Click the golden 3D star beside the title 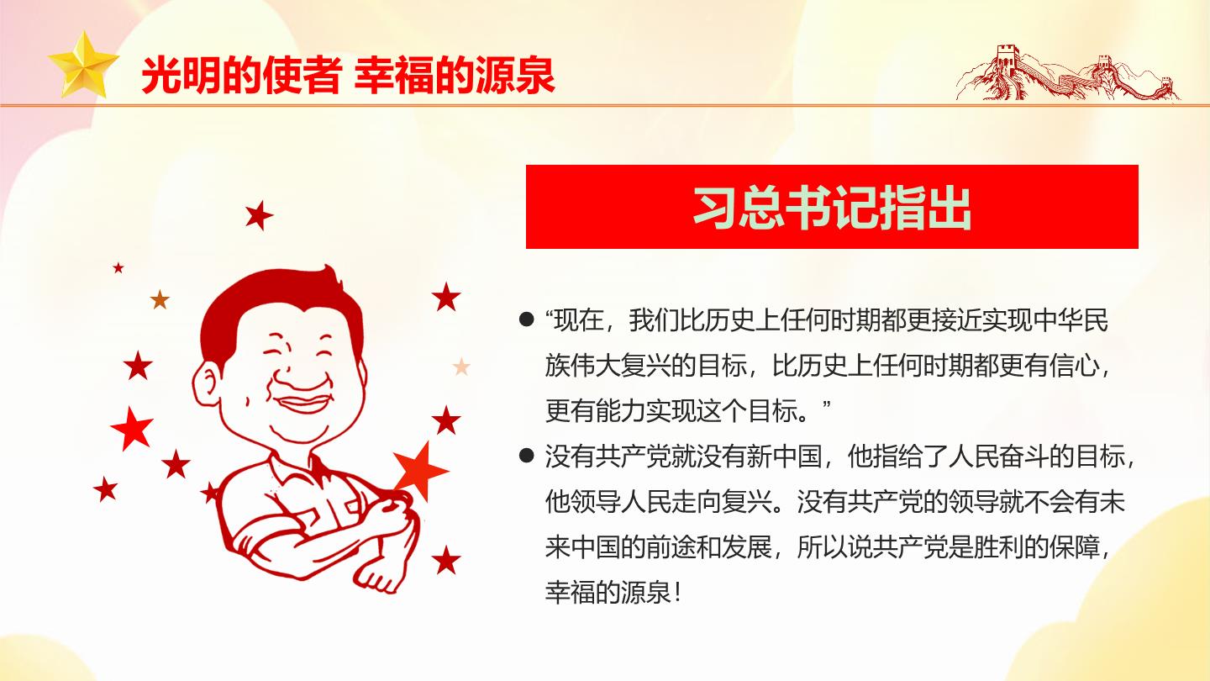pyautogui.click(x=83, y=66)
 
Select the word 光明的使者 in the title pyautogui.click(x=241, y=76)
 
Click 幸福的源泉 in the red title pyautogui.click(x=455, y=76)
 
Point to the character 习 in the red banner pyautogui.click(x=716, y=208)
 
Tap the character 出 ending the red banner pyautogui.click(x=950, y=208)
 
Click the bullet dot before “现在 pyautogui.click(x=526, y=319)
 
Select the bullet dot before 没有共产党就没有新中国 pyautogui.click(x=526, y=457)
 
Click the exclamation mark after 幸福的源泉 pyautogui.click(x=677, y=593)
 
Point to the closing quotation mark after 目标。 pyautogui.click(x=825, y=404)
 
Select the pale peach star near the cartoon pyautogui.click(x=461, y=367)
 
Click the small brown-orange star pyautogui.click(x=160, y=300)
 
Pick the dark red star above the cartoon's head pyautogui.click(x=260, y=215)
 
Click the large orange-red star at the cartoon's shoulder pyautogui.click(x=420, y=471)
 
